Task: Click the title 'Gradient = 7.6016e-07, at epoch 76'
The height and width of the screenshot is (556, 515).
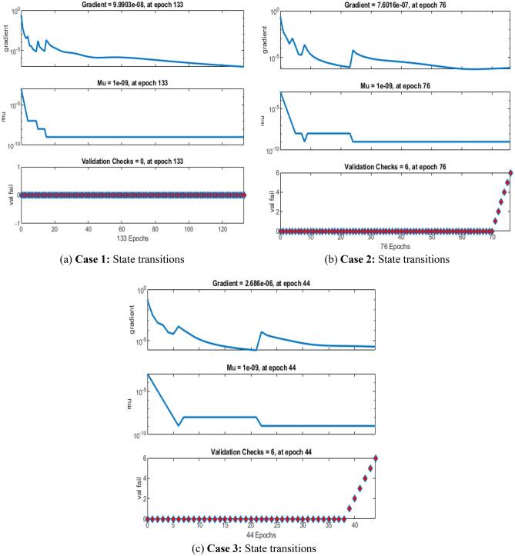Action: tap(395, 5)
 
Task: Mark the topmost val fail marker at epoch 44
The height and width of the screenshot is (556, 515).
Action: tap(375, 458)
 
